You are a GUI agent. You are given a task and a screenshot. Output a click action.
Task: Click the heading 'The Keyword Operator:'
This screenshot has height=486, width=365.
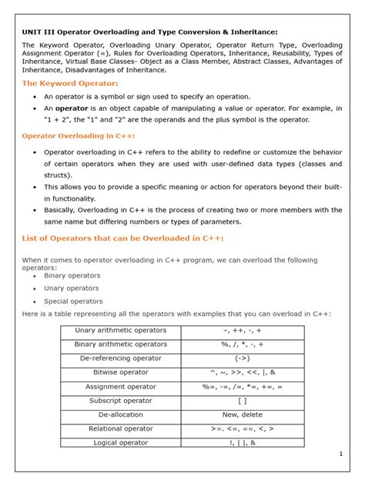[70, 83]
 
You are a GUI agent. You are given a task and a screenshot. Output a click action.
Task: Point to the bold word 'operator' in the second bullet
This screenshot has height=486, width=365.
[72, 108]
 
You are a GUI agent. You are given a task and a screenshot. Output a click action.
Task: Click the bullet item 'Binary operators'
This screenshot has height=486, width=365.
[72, 275]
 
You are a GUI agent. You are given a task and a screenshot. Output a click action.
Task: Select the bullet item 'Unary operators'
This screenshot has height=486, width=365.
[71, 288]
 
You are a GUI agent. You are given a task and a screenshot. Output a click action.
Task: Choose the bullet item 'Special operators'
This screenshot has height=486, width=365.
[73, 301]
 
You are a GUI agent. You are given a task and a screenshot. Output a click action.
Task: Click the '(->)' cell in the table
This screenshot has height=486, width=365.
[242, 358]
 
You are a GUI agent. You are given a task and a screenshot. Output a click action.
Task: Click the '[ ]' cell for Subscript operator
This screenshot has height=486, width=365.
[242, 401]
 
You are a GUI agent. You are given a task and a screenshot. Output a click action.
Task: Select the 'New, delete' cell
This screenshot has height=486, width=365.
[242, 415]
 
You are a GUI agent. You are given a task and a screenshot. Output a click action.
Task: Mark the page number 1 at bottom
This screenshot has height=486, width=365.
[340, 454]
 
